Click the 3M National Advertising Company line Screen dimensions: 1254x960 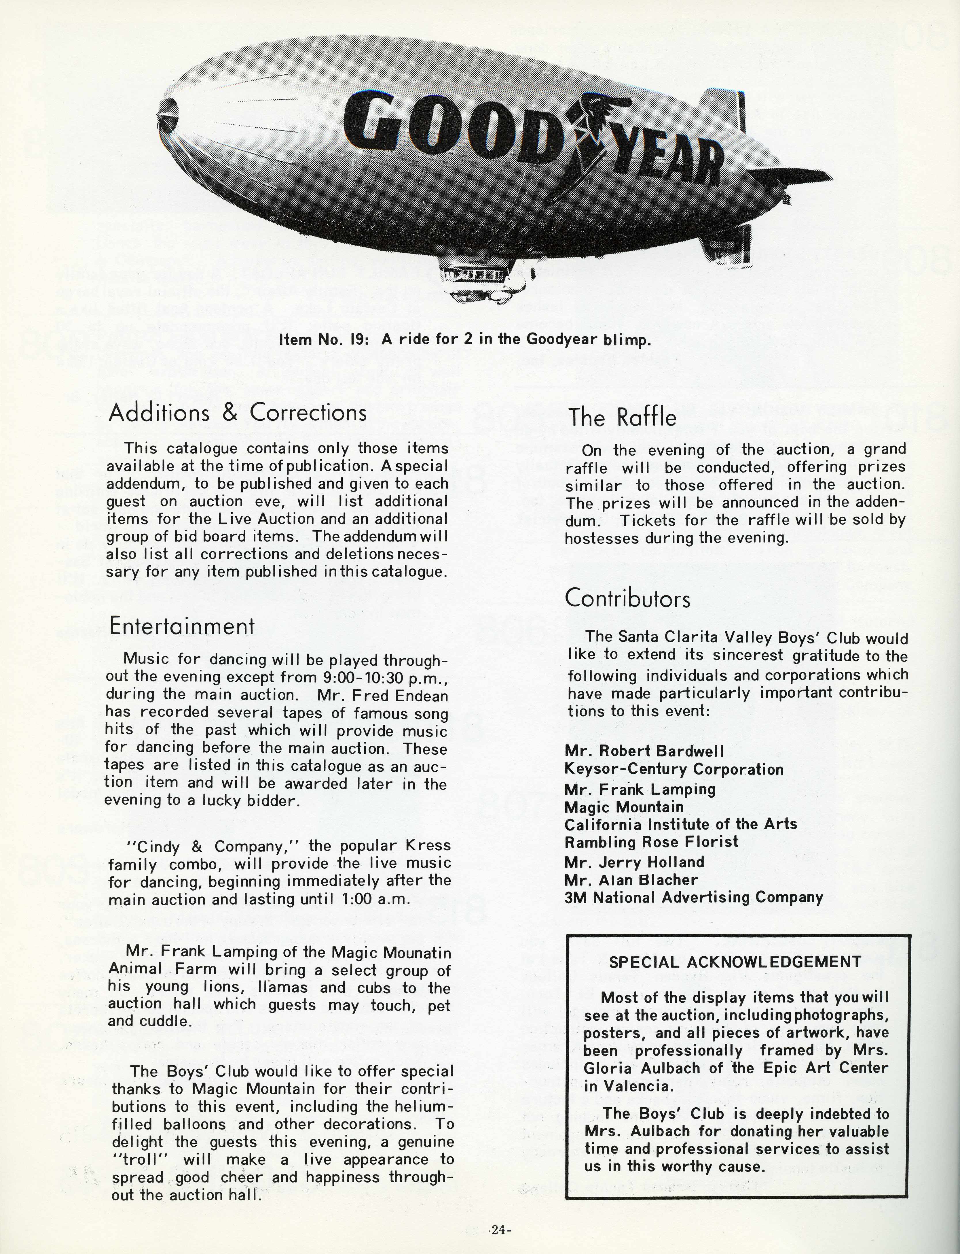(693, 897)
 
